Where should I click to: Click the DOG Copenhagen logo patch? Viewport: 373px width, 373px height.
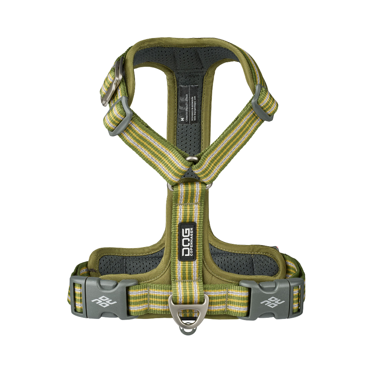coord(188,242)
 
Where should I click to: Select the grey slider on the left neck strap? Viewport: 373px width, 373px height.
coord(116,116)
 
